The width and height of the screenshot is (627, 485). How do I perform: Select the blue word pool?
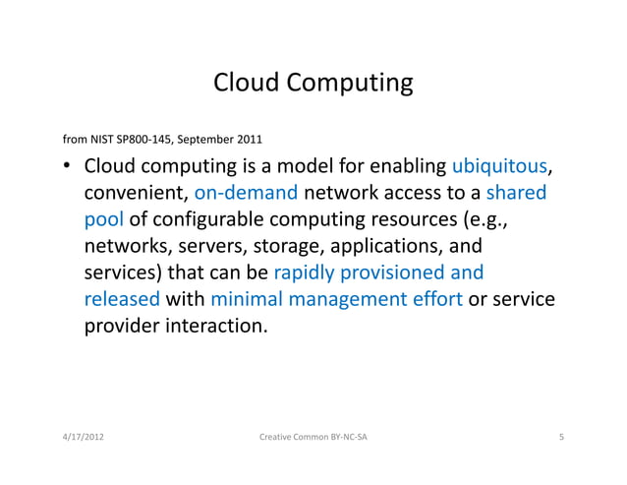pos(103,217)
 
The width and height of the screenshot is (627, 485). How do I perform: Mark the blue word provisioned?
pos(399,272)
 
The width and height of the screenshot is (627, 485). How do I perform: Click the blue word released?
pos(122,298)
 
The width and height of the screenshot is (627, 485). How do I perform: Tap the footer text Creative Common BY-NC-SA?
pos(313,436)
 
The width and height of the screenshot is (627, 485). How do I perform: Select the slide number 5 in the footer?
pos(560,436)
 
